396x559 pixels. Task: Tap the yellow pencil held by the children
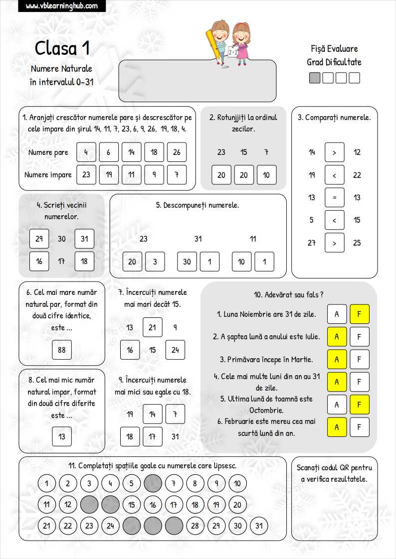click(213, 45)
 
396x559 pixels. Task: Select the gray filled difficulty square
click(315, 78)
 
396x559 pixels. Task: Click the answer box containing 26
click(177, 152)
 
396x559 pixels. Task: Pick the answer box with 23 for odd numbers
click(86, 175)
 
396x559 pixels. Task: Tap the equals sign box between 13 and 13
click(334, 197)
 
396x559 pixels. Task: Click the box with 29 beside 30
click(39, 239)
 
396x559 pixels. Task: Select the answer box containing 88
click(62, 350)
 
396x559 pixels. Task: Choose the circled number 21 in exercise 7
click(153, 327)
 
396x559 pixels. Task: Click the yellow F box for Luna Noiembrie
click(359, 314)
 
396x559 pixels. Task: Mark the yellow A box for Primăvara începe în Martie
click(337, 360)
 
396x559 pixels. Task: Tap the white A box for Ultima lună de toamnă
click(337, 405)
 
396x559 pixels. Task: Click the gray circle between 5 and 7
click(153, 483)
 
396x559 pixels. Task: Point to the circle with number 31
click(258, 526)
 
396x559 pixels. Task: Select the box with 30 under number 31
click(187, 262)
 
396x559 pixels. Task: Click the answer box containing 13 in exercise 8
click(62, 437)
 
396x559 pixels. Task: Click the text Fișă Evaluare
click(334, 49)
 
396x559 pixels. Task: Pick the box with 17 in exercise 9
click(153, 437)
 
